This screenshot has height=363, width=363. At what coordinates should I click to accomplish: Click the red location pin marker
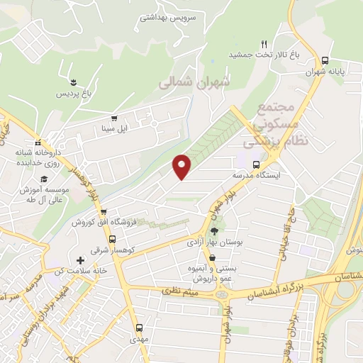(x=182, y=167)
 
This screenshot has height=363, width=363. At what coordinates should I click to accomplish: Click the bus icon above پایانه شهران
(x=325, y=60)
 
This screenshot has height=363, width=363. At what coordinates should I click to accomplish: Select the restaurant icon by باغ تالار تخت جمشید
(x=264, y=43)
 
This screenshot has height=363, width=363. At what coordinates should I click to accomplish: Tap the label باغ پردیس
(x=74, y=94)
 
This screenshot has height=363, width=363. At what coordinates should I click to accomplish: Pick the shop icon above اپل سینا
(x=113, y=118)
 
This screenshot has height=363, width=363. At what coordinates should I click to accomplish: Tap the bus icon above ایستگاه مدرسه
(x=256, y=164)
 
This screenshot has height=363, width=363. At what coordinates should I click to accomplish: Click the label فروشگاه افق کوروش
(x=103, y=222)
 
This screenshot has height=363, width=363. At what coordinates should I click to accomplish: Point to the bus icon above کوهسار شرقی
(x=104, y=211)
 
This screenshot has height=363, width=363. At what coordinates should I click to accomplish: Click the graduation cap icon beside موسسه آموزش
(x=44, y=179)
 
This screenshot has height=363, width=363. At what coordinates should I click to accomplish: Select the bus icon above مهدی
(x=139, y=328)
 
